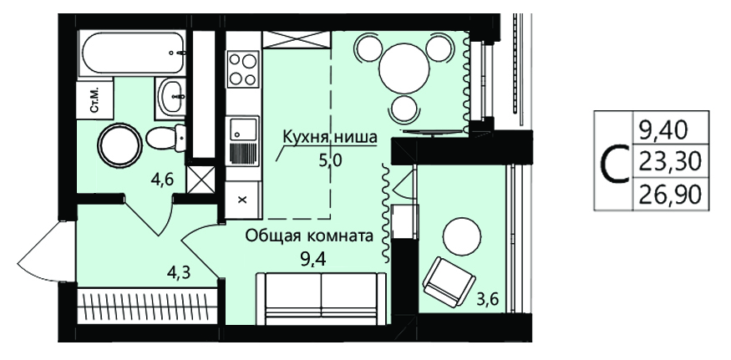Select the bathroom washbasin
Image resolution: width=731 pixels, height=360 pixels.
[170, 95]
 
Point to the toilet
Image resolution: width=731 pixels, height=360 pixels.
[165, 137]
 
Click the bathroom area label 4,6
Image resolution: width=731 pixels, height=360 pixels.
[162, 180]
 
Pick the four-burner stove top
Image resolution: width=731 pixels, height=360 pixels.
[243, 69]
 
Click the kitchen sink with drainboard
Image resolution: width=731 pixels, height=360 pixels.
[242, 141]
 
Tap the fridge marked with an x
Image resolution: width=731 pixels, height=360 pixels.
[242, 200]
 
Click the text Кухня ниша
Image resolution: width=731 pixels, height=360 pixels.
[330, 138]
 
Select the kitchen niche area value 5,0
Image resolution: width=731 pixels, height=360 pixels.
[331, 161]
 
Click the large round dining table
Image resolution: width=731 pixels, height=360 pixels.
[404, 68]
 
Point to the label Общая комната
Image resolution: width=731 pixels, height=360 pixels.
[310, 236]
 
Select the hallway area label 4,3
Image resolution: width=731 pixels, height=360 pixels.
[179, 271]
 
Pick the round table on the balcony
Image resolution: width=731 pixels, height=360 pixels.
[461, 237]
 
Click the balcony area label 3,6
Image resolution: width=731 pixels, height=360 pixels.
[488, 297]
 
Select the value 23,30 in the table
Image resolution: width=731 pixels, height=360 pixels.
[670, 162]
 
